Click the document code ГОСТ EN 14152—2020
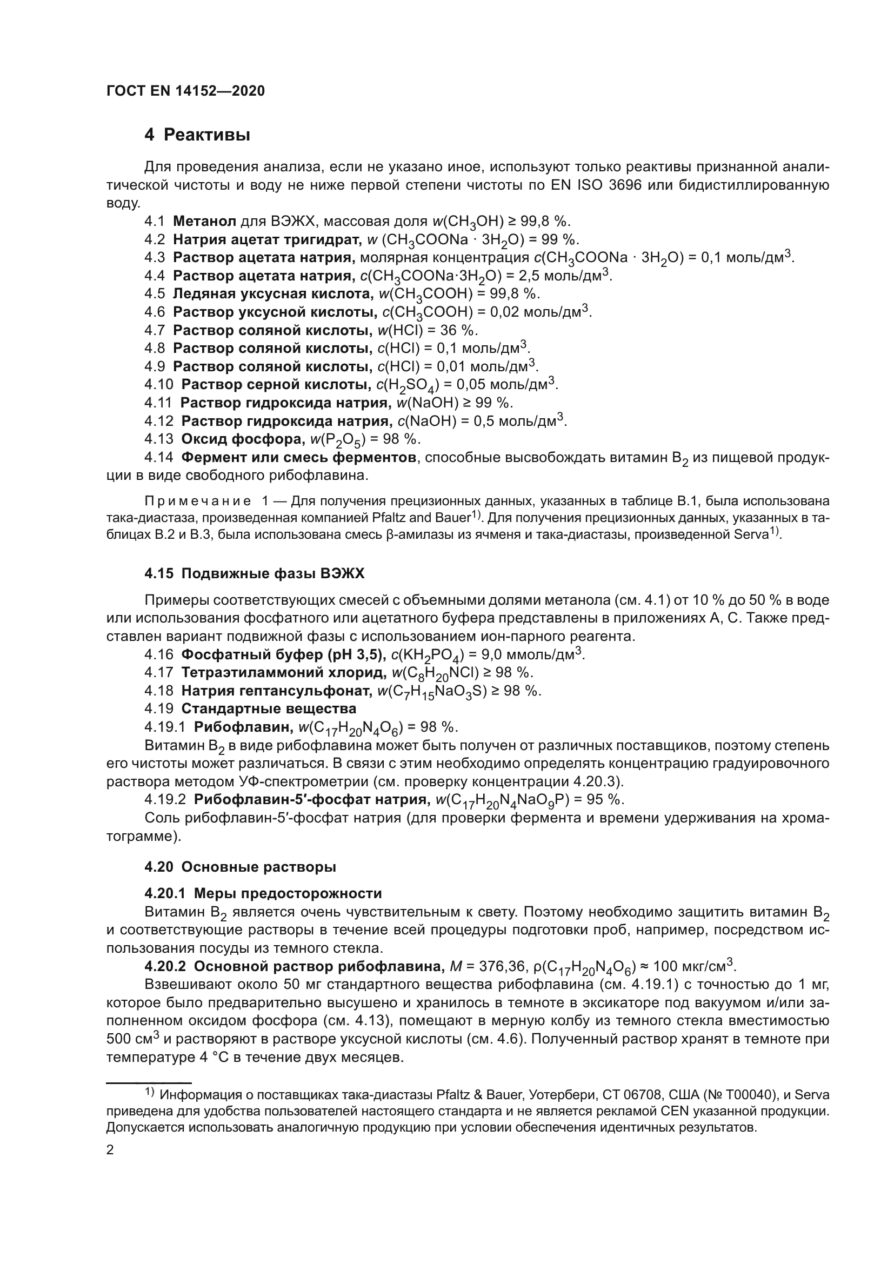click(x=185, y=91)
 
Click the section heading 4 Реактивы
click(x=197, y=135)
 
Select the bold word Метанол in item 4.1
click(x=204, y=222)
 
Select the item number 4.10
click(x=159, y=384)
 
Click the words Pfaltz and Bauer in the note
click(x=423, y=518)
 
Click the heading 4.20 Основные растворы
click(x=240, y=867)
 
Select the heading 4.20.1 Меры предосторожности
click(x=263, y=893)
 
